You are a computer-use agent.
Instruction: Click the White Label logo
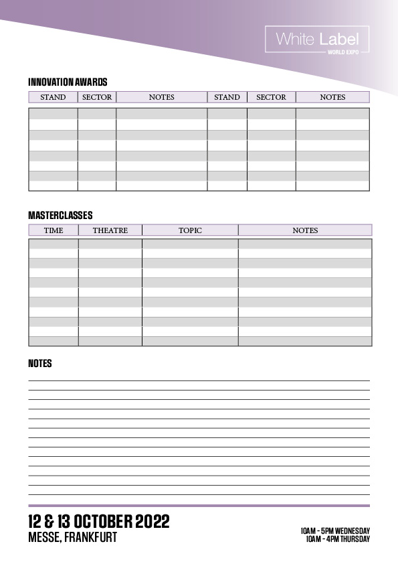coord(317,40)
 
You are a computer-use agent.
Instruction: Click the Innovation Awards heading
coord(68,82)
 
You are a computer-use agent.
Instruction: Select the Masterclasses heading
coord(60,216)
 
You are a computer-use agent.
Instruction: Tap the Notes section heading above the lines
coord(40,364)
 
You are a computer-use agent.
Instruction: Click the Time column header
coord(54,230)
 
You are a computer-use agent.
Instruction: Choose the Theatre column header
coord(110,230)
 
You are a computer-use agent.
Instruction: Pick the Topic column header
coord(190,230)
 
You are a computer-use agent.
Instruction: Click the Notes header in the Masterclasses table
coord(305,230)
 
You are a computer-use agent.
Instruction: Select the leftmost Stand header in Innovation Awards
coord(53,97)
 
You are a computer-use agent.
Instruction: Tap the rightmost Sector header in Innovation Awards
coord(271,97)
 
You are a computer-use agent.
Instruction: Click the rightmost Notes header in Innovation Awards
coord(332,97)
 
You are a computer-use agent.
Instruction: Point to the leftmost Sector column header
coord(97,97)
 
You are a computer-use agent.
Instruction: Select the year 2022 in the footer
coord(153,522)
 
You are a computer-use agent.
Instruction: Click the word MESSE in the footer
coord(44,537)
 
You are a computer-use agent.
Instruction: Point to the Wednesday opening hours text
coord(335,531)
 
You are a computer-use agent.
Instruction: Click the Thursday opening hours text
coord(338,539)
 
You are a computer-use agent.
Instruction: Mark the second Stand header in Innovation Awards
coord(227,97)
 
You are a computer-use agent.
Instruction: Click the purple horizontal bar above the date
coord(199,506)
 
